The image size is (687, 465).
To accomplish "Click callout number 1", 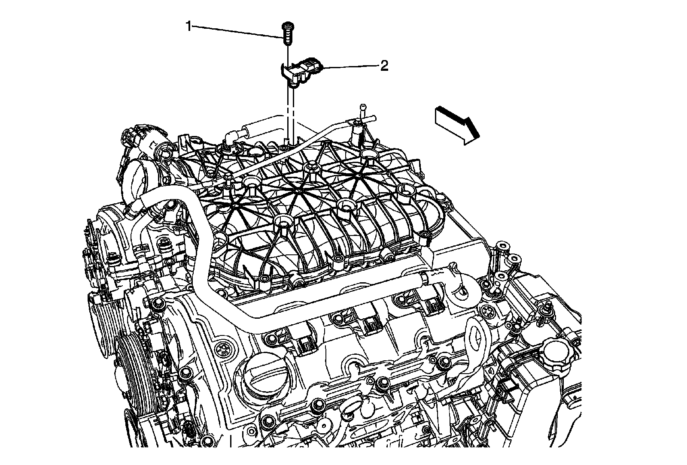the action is (188, 27).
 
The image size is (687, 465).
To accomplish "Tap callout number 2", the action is (384, 66).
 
